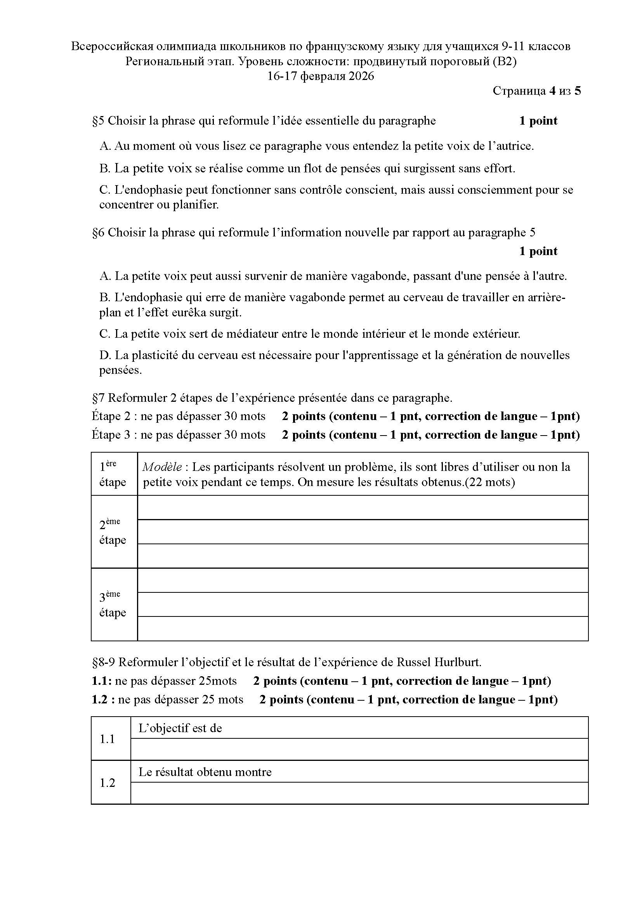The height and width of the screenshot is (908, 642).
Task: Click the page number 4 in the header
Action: point(552,91)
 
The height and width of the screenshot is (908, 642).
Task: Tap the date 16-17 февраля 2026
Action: point(321,76)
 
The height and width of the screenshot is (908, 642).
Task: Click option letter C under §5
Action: point(104,190)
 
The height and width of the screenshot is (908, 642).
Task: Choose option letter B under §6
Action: point(104,297)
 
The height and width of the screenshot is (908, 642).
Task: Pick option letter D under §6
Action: point(105,355)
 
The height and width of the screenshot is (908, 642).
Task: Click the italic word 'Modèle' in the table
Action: point(162,467)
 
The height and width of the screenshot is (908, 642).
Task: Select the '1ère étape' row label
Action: point(113,474)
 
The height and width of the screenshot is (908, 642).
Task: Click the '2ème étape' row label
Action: point(113,532)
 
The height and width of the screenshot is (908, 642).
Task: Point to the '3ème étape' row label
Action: point(113,605)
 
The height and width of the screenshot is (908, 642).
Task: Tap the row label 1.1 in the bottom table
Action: point(107,739)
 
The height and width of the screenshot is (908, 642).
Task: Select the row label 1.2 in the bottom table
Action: point(107,783)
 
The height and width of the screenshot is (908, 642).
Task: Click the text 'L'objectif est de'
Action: point(180,728)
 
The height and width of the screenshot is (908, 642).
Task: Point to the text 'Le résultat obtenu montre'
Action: point(205,772)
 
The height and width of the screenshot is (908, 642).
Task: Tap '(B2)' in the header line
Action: point(505,61)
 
